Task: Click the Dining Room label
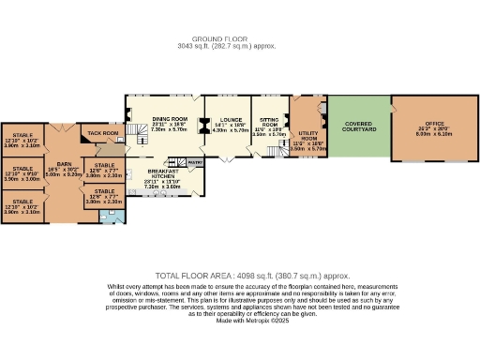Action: (170, 118)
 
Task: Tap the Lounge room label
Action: (231, 118)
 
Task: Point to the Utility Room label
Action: (307, 136)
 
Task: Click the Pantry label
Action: (194, 162)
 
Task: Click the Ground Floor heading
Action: (239, 38)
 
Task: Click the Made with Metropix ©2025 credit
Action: (240, 321)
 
